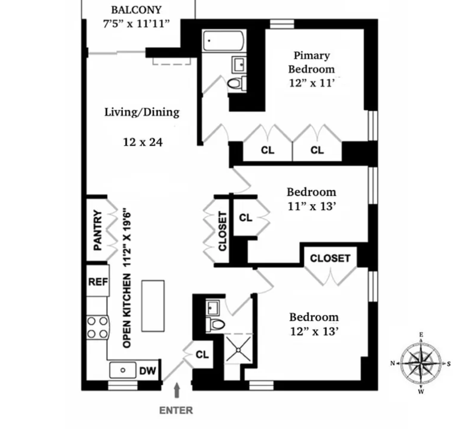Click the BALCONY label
point(136,10)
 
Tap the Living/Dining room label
point(142,112)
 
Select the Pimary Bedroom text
point(311,62)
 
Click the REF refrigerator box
point(98,281)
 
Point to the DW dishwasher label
point(148,371)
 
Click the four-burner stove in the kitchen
point(97,327)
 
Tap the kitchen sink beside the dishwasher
point(123,370)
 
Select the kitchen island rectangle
point(153,306)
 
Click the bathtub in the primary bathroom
point(223,41)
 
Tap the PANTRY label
point(98,230)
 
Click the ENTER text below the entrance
point(176,411)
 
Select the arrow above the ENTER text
point(176,391)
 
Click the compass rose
point(420,363)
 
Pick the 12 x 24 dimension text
point(142,142)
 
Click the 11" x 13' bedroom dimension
point(311,206)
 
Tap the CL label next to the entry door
point(202,355)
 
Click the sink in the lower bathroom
point(213,307)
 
